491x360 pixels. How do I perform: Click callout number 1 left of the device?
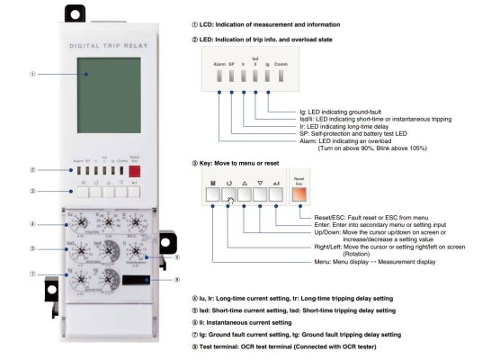click(x=32, y=74)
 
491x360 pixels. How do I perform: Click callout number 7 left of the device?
click(x=32, y=274)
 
